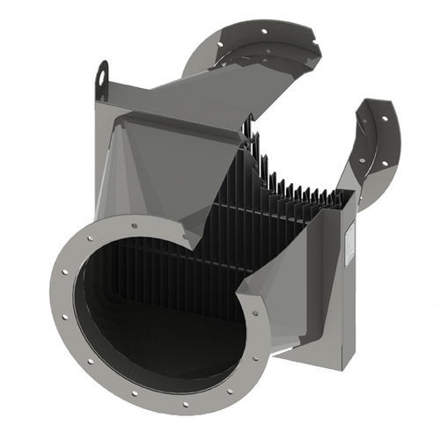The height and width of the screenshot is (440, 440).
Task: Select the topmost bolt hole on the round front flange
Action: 134,225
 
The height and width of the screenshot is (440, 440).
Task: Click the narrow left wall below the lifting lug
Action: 98,158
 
